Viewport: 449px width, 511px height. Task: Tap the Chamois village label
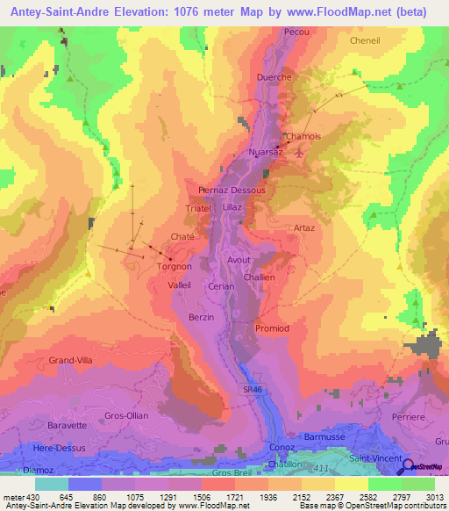[304, 137]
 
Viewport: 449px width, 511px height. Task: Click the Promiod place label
[271, 328]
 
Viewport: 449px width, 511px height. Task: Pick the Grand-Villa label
[71, 360]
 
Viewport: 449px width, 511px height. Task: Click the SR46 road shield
[253, 389]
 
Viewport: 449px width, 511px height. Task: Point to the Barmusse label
[324, 435]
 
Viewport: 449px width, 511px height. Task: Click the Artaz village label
[304, 228]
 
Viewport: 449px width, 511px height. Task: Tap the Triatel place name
[200, 209]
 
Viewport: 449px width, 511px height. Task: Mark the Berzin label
[202, 317]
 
